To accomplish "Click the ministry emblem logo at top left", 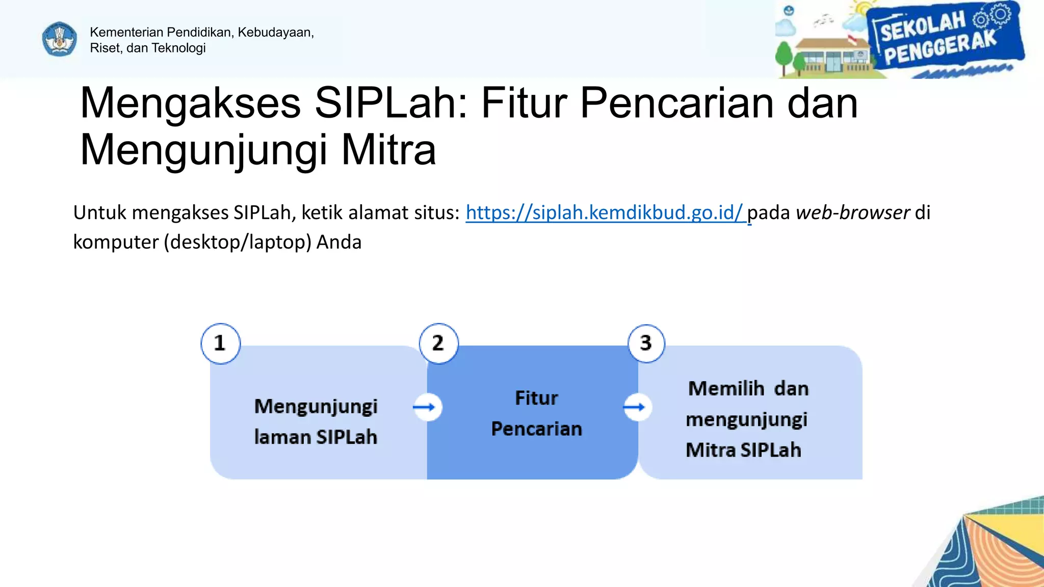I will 60,39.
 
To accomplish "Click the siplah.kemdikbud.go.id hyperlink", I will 605,212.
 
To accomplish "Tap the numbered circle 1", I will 220,343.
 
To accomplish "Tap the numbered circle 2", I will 438,343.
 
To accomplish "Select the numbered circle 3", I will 646,343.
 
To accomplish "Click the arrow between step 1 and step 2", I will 426,407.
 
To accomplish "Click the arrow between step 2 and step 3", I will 636,407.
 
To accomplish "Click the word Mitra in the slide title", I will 388,150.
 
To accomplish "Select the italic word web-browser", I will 852,212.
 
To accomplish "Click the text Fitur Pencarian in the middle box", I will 536,413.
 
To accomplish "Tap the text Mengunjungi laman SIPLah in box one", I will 316,421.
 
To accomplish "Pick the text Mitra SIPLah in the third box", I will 743,450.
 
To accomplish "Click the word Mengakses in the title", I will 190,103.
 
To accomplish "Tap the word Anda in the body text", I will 338,242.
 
